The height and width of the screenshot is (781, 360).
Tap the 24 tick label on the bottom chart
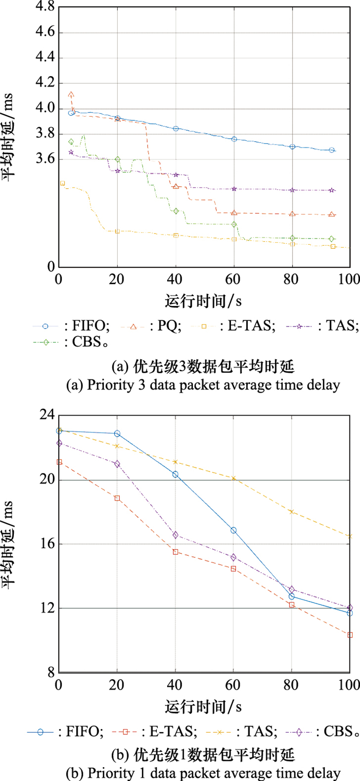[x=44, y=415]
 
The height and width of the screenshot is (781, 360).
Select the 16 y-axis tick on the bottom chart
[x=44, y=544]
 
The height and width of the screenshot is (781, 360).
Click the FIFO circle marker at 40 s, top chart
[x=176, y=129]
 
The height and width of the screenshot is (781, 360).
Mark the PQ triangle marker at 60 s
[x=234, y=212]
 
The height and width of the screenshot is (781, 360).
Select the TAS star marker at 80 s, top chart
[x=292, y=190]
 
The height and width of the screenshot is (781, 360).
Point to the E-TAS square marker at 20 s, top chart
[x=117, y=231]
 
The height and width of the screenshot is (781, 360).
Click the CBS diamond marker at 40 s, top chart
[x=176, y=211]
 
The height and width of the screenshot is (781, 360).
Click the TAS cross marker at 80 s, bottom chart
[x=292, y=512]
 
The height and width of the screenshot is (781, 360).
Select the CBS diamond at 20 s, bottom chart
[x=117, y=464]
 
